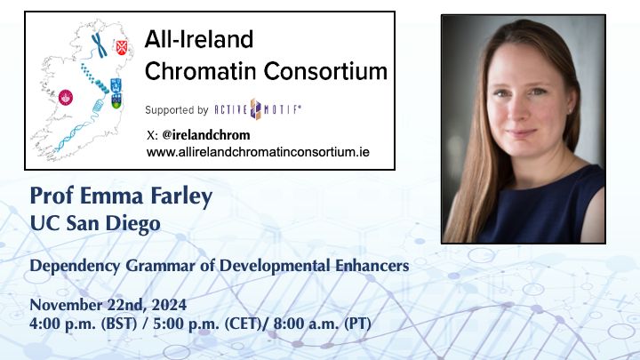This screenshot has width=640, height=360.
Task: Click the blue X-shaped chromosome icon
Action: [99, 45]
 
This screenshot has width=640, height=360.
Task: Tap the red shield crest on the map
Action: [121, 47]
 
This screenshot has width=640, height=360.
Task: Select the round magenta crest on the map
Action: [65, 98]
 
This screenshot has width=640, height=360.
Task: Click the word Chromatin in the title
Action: [201, 71]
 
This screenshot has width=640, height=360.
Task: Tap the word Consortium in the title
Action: [325, 71]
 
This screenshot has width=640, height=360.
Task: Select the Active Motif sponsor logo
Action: [258, 109]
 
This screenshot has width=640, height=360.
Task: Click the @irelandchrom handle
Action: [205, 135]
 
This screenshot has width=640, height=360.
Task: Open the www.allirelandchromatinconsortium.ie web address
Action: [258, 152]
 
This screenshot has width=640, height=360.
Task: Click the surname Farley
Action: [181, 196]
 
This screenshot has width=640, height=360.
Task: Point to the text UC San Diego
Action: [95, 224]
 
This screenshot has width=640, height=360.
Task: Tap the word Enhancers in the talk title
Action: [372, 266]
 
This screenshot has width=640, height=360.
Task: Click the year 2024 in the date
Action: [170, 305]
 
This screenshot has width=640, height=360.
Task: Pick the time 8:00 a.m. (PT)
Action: [322, 324]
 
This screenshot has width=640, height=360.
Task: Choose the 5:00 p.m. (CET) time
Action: [207, 324]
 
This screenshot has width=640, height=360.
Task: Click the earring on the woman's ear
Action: [570, 110]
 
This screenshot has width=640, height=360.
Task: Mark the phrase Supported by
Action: [177, 110]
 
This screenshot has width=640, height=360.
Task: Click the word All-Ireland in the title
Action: [199, 40]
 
